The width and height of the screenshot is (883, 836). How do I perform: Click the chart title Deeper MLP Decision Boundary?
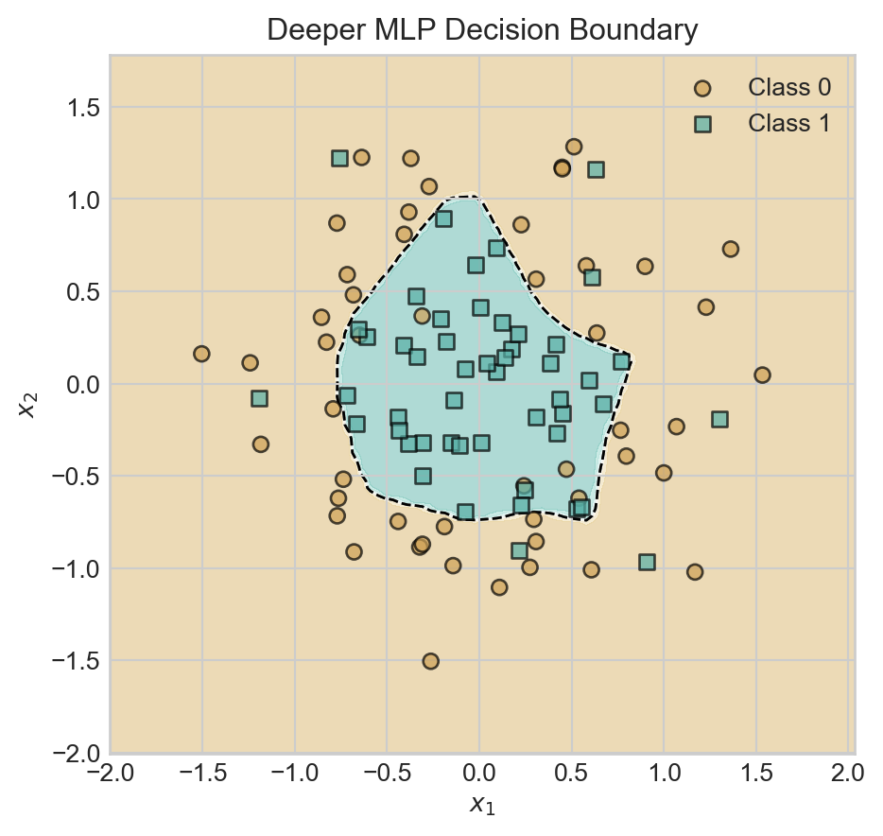pos(482,30)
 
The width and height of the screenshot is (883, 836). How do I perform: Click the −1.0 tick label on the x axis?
pos(294,774)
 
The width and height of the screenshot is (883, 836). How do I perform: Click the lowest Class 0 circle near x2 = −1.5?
pos(430,661)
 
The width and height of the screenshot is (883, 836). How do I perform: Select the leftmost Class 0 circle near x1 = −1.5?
pos(201,354)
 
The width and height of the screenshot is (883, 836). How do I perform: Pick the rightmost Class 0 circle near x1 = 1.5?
pos(762,375)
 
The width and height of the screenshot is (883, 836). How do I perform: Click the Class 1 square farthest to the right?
pos(719,419)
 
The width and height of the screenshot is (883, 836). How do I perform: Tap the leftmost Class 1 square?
pos(259,398)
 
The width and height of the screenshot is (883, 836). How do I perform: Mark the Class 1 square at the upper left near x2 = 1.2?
pos(340,158)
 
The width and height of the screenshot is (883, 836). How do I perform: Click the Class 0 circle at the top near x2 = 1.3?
pos(574,147)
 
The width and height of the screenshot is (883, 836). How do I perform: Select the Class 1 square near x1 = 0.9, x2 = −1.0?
pos(647,562)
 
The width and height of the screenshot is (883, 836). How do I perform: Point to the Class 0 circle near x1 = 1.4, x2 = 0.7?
pos(730,250)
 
